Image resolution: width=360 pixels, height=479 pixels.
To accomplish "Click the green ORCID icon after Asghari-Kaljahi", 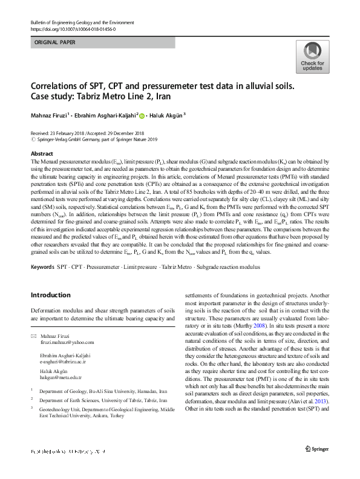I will [143, 114].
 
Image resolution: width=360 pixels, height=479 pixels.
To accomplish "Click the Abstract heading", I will [41, 154].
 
